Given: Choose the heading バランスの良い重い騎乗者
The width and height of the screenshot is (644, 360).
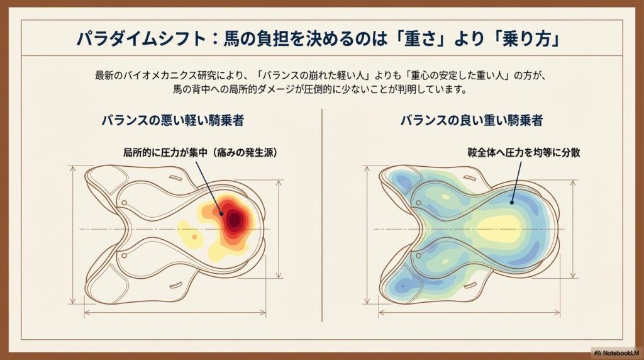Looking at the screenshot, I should [472, 120].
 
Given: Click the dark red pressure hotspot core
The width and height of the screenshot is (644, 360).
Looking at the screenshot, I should [234, 219].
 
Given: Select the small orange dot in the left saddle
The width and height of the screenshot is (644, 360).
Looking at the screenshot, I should [196, 237].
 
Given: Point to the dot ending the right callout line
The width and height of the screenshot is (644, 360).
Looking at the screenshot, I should [512, 202].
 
